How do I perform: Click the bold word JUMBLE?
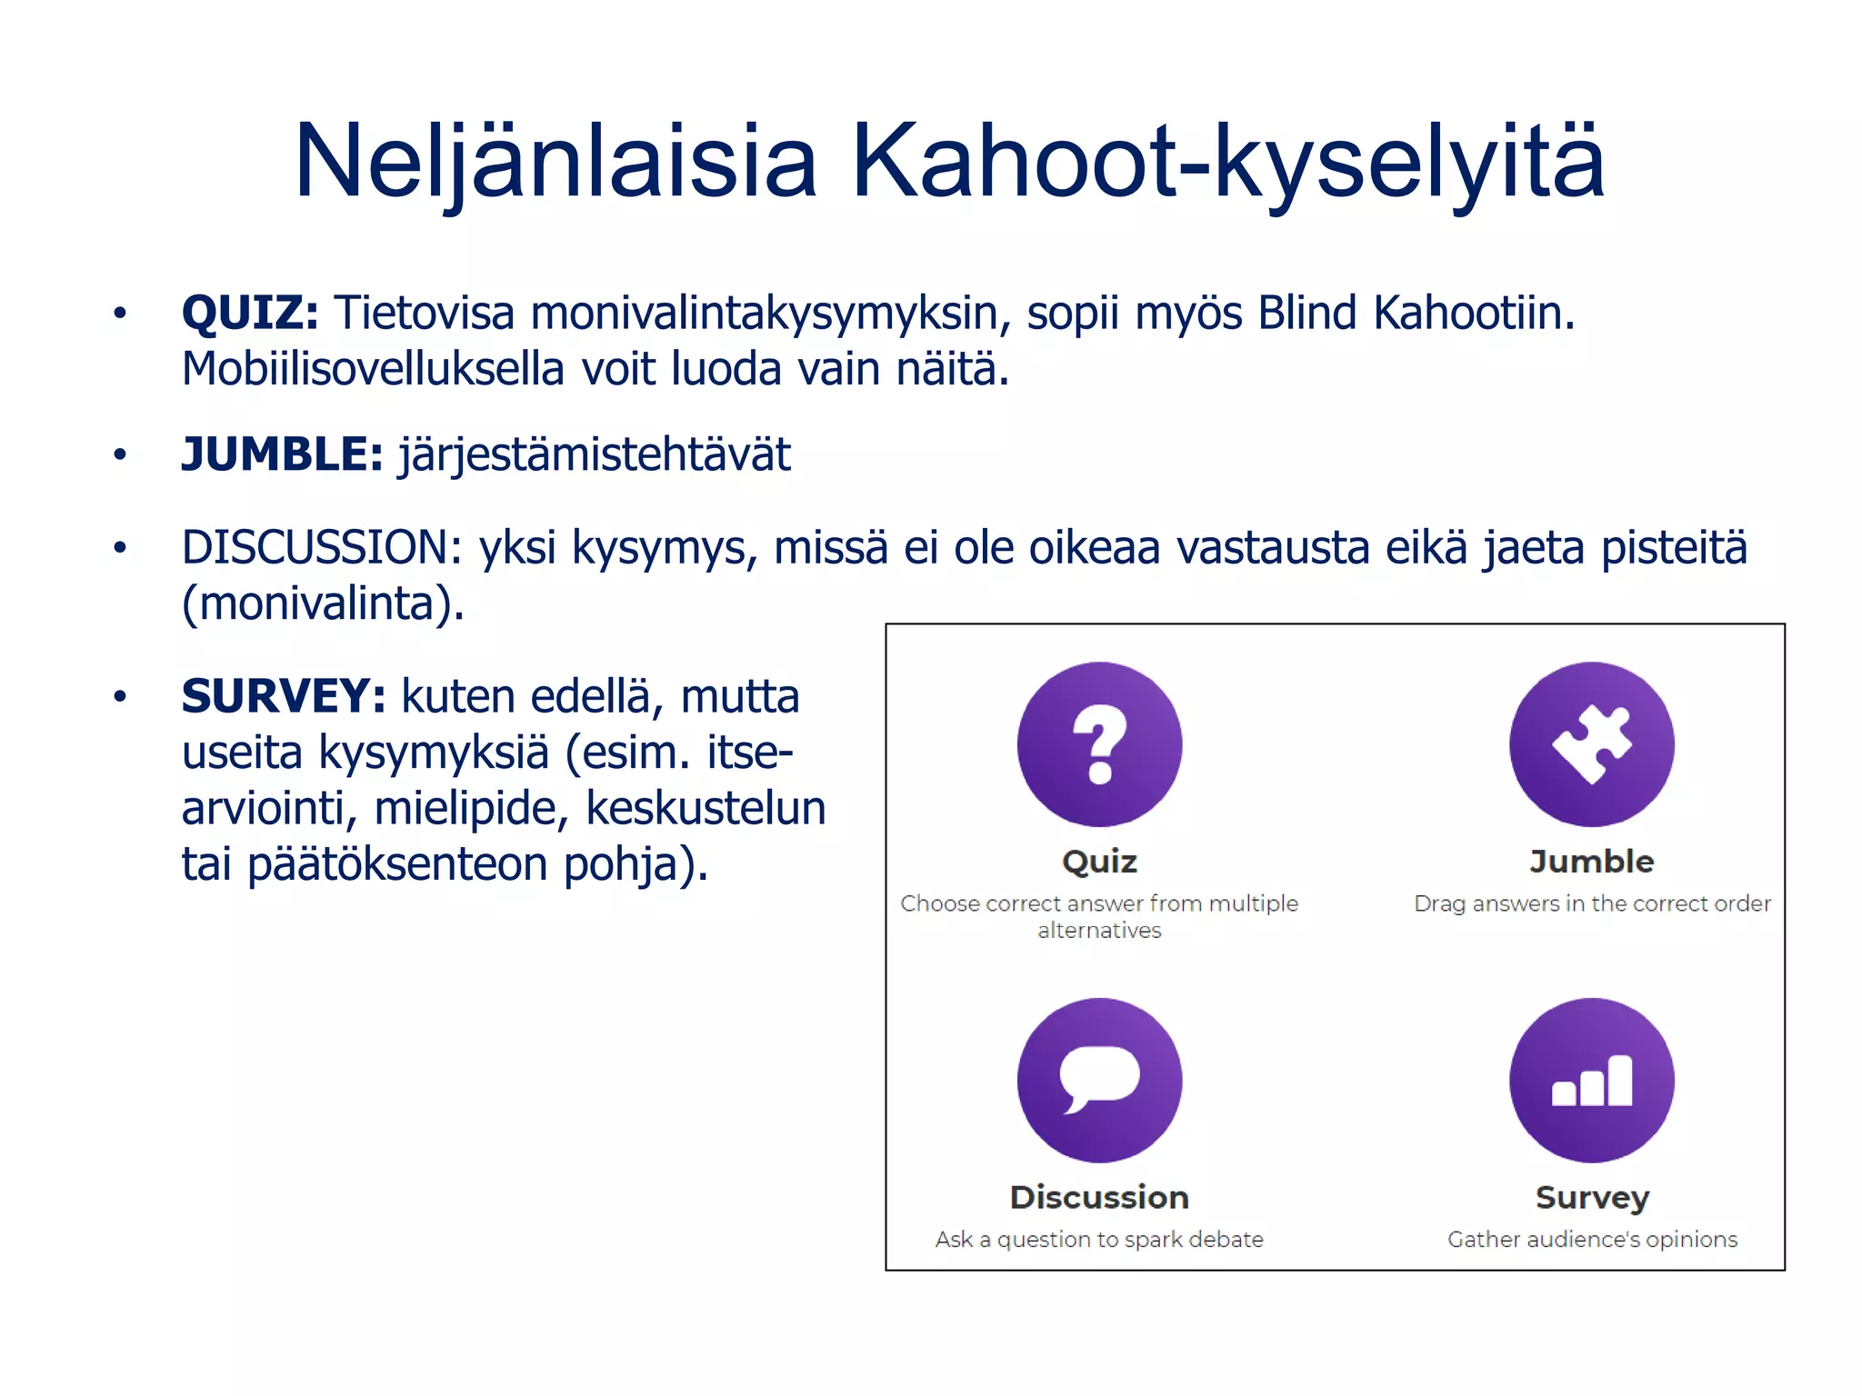(282, 454)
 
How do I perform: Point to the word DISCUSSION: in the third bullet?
(322, 548)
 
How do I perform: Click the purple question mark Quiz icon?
(1099, 744)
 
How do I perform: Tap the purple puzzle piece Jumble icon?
(1591, 744)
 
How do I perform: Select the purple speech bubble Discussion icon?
(1099, 1080)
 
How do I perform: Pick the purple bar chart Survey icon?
(1591, 1080)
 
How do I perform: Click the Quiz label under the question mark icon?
(1099, 862)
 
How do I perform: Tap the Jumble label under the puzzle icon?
(1591, 862)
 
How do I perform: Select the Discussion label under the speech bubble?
(1099, 1198)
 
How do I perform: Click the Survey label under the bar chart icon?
(1591, 1198)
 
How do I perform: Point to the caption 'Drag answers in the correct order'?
(1592, 904)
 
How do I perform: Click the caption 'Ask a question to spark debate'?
(1099, 1240)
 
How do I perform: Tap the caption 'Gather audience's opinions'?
(1592, 1240)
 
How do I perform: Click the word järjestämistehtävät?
(595, 454)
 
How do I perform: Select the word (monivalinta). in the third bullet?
(323, 603)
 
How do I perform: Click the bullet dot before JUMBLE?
(120, 454)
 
